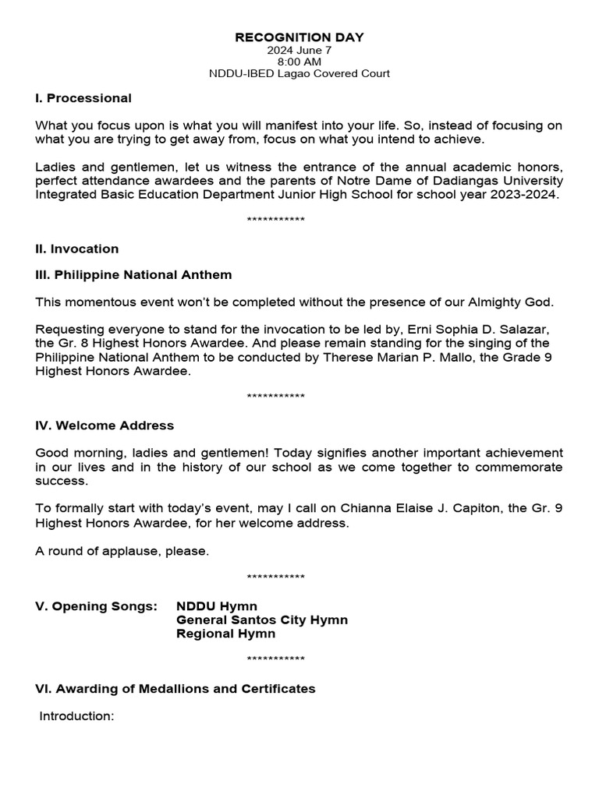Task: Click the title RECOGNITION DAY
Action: pos(299,37)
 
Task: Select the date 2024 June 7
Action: pos(299,50)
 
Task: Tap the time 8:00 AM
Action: pos(299,62)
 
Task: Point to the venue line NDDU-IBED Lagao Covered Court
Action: pos(299,74)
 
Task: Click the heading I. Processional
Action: pos(83,98)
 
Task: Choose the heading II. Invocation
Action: pos(77,249)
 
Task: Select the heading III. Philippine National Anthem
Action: pos(133,275)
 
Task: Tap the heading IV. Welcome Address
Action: pos(105,425)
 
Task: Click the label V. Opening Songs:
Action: pos(96,606)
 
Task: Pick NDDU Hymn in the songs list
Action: pos(217,606)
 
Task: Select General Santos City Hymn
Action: pos(262,620)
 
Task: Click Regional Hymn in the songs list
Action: pos(225,634)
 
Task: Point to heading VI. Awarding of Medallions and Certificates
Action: pos(175,689)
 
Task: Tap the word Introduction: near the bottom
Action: pos(77,715)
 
